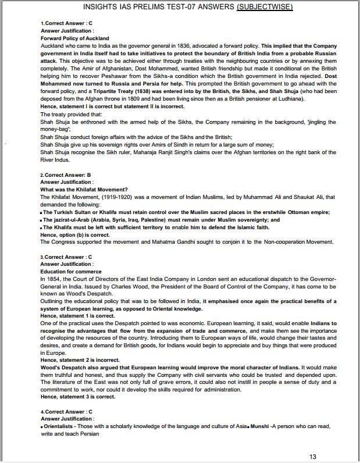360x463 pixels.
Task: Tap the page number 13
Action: (x=313, y=457)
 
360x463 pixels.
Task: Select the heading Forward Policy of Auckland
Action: (x=74, y=38)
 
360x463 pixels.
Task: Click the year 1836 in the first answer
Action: (x=169, y=45)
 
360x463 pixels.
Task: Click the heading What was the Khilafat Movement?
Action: (x=84, y=190)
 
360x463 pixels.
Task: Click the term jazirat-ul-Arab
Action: (x=76, y=220)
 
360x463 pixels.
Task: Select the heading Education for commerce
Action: (x=71, y=272)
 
